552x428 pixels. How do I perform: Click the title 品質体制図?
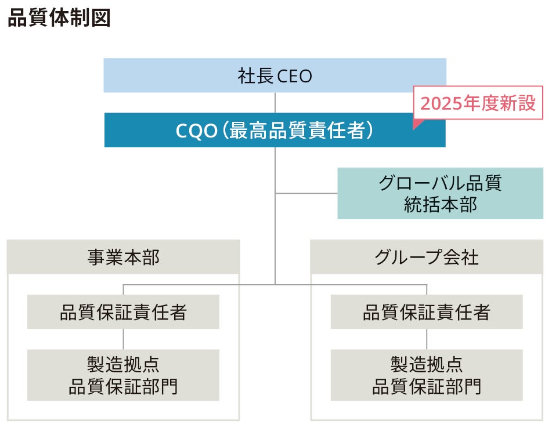pos(59,18)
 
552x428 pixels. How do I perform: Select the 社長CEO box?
pos(275,75)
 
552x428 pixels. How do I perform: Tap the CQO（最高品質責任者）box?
pos(275,130)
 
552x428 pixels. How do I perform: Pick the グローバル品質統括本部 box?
pos(440,193)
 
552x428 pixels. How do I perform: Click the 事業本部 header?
pos(123,257)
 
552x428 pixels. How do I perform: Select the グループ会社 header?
pos(427,257)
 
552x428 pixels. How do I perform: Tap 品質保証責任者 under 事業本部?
pos(123,312)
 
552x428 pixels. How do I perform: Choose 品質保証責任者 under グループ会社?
pos(427,312)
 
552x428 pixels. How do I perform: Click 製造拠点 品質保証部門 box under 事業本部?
pos(123,375)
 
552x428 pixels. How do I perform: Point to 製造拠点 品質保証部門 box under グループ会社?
pos(427,375)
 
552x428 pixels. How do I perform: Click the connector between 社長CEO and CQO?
pos(275,103)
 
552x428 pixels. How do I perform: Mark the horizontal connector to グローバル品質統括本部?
pos(306,193)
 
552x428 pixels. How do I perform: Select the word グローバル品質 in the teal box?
pos(440,183)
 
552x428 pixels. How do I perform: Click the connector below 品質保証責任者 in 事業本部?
pos(123,339)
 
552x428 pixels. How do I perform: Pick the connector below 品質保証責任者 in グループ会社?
pos(427,339)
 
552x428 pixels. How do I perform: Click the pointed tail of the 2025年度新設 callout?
pos(415,125)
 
